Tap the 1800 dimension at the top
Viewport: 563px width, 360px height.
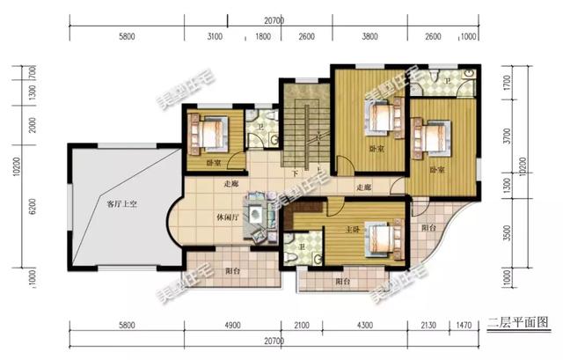tap(263, 36)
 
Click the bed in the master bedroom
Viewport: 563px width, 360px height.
tap(379, 237)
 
